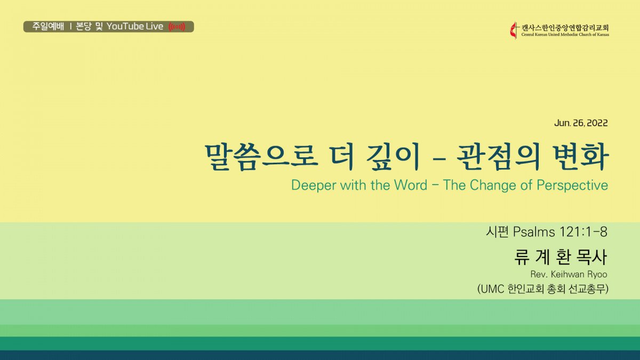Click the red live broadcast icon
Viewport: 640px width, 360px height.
coord(177,27)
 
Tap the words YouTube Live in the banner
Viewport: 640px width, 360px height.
coord(135,27)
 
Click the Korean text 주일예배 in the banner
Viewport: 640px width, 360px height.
coord(48,27)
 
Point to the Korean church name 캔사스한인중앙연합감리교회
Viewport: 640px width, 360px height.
coord(565,28)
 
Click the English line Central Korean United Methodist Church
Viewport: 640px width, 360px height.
coord(565,35)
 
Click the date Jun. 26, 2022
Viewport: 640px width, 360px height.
coord(581,123)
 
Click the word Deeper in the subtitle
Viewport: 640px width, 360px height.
coord(314,185)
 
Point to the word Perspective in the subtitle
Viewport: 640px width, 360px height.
coord(572,185)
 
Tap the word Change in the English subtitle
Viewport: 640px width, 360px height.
coord(493,185)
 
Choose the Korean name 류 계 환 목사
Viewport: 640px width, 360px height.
coord(561,257)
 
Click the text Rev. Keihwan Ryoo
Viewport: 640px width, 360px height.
coord(569,274)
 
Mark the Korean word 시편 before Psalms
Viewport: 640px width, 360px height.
coord(497,231)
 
